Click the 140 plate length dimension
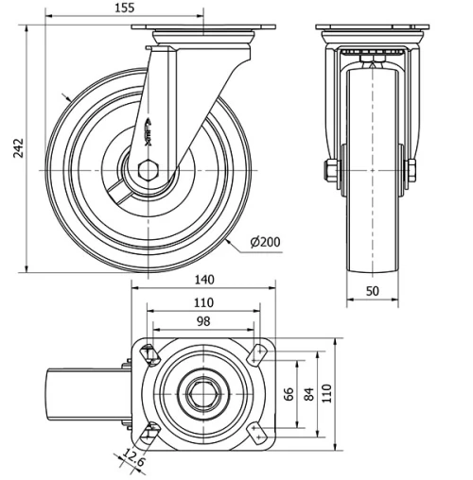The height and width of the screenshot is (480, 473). (204, 279)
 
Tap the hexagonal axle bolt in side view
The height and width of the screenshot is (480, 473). (149, 170)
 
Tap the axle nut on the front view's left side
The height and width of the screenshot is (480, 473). (331, 171)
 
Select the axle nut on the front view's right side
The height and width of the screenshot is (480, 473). (412, 171)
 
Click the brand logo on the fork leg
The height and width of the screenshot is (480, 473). (149, 132)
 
